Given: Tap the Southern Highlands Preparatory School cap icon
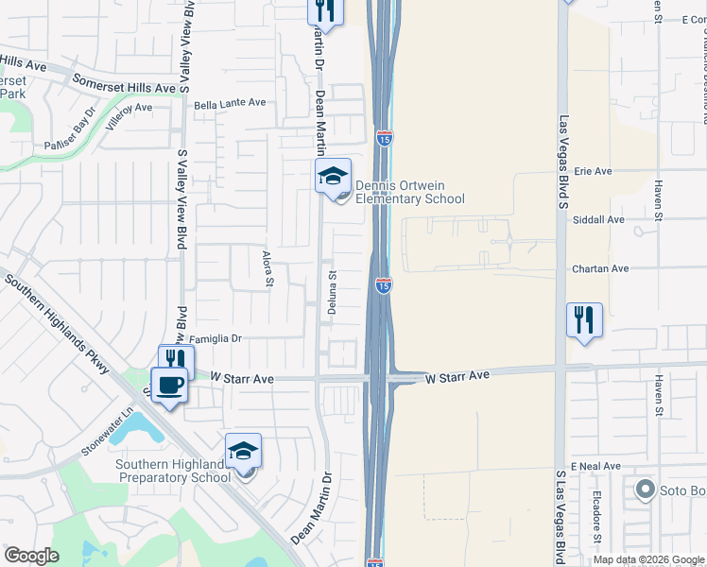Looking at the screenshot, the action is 243,452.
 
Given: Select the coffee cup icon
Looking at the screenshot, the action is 169,385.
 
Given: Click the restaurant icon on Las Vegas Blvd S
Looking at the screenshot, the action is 584,320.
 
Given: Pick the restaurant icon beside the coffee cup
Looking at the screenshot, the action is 177,360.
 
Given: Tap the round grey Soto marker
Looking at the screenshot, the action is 646,490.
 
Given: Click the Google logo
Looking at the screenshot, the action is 31,556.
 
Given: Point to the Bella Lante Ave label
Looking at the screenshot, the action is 230,103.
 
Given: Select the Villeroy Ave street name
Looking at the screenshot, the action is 129,109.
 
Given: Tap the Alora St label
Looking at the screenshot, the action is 267,267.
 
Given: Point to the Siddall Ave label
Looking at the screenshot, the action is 598,219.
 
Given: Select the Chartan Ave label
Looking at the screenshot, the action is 600,268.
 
